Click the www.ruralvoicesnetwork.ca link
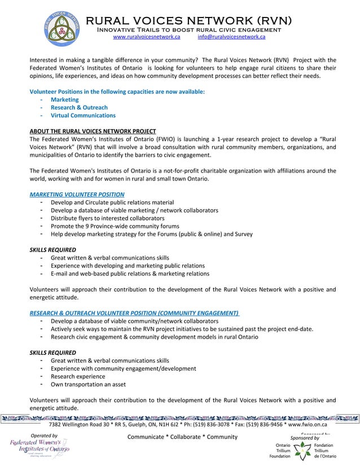point(146,36)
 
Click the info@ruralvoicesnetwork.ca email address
point(231,36)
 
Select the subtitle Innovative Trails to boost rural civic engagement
point(188,29)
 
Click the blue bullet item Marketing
point(64,99)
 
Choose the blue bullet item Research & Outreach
point(79,107)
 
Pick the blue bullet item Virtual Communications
point(83,115)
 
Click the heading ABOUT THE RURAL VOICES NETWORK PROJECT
point(93,131)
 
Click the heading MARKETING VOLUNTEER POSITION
point(77,194)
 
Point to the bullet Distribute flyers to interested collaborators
point(107,218)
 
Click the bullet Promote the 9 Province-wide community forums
point(115,226)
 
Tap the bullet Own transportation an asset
point(88,384)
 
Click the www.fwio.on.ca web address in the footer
point(308,424)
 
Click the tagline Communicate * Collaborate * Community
point(183,437)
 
